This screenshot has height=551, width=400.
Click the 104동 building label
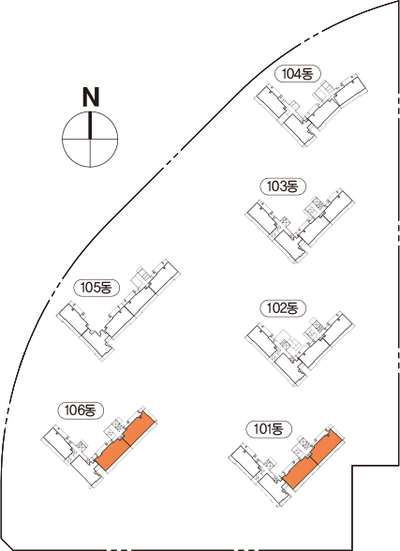(298, 74)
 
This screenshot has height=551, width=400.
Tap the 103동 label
(283, 186)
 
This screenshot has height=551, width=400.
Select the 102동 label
(283, 308)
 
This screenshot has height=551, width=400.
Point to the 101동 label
(269, 429)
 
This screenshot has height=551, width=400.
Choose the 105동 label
(96, 288)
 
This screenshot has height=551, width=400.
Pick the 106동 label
(81, 410)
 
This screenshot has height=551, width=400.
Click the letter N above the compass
(91, 97)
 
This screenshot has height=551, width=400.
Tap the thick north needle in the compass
(90, 126)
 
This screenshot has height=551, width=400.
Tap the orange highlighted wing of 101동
(313, 458)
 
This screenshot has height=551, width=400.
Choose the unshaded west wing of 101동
(259, 475)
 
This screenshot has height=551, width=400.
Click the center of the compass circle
(90, 139)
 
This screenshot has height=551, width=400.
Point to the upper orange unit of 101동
(327, 444)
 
